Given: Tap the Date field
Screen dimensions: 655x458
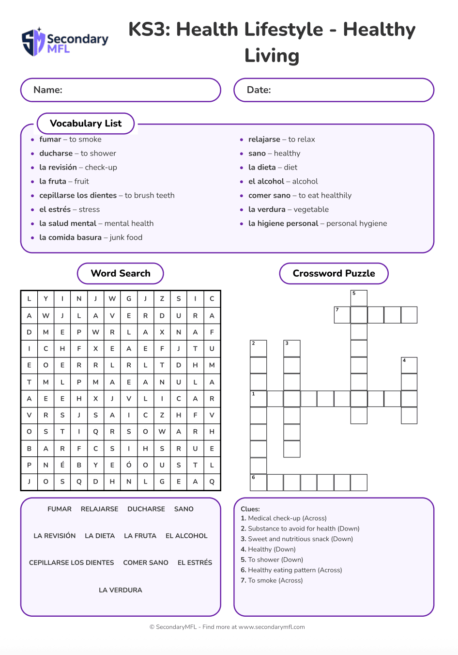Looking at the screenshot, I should pyautogui.click(x=334, y=90).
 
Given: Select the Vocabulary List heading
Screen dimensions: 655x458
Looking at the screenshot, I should pyautogui.click(x=86, y=124).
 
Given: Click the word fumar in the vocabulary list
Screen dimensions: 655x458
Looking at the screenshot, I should pyautogui.click(x=50, y=140).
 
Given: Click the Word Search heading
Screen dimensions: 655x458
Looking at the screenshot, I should pyautogui.click(x=121, y=274).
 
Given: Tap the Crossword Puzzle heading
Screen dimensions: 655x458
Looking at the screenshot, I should pyautogui.click(x=334, y=274).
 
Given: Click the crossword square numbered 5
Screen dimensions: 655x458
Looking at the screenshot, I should pyautogui.click(x=359, y=298).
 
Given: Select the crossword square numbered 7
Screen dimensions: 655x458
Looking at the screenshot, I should pyautogui.click(x=342, y=315).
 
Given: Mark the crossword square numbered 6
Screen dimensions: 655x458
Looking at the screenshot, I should pyautogui.click(x=259, y=483).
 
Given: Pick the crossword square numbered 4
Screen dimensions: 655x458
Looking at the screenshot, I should pyautogui.click(x=409, y=365).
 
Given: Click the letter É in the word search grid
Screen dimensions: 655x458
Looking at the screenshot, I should pyautogui.click(x=62, y=465).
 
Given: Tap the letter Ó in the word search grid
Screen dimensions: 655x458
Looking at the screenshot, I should pyautogui.click(x=129, y=465).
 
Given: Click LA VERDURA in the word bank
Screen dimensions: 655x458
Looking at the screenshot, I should pyautogui.click(x=121, y=590).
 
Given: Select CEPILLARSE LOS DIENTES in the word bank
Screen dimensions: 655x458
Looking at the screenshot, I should pyautogui.click(x=72, y=562).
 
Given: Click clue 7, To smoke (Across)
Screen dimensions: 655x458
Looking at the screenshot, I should pyautogui.click(x=272, y=580).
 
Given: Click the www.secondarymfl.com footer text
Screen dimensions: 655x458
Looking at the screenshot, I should pyautogui.click(x=272, y=627).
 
